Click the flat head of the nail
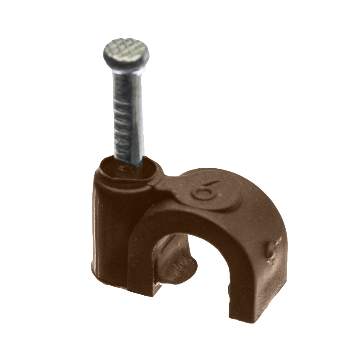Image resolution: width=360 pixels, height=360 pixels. pyautogui.click(x=126, y=53)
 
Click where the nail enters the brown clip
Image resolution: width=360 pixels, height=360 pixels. pyautogui.click(x=128, y=162)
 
